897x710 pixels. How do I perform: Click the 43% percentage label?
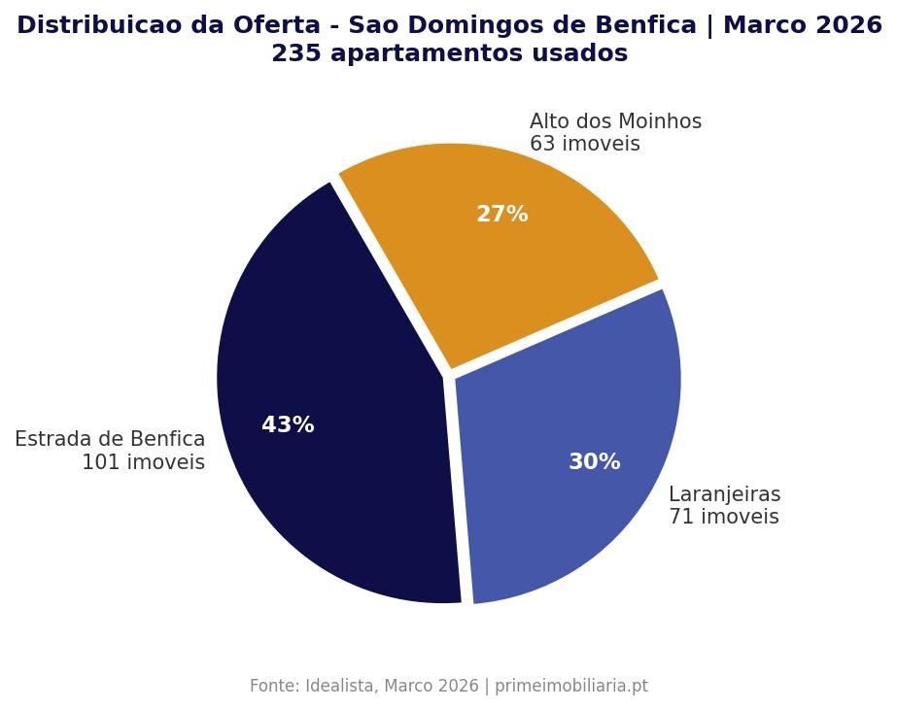click(288, 425)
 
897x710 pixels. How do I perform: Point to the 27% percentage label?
click(501, 215)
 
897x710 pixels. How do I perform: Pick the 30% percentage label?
click(594, 462)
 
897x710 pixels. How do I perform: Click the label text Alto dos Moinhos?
click(615, 122)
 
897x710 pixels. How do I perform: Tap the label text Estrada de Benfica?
click(110, 440)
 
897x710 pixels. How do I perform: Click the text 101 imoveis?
click(143, 462)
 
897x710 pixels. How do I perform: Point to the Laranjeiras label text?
click(724, 495)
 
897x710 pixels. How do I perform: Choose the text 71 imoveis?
click(723, 518)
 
